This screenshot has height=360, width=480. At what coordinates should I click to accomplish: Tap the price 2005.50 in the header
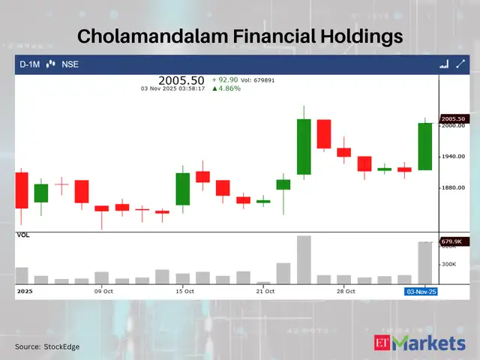(181, 79)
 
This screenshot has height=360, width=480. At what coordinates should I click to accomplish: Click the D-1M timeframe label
(30, 64)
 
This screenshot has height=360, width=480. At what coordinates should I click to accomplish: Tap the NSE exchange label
(70, 64)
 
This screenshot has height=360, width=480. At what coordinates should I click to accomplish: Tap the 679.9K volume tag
(453, 241)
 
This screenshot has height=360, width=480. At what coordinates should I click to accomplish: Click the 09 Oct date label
(103, 291)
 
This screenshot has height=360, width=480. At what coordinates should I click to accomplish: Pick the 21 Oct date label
(265, 291)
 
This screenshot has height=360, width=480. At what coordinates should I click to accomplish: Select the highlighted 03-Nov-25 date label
(421, 291)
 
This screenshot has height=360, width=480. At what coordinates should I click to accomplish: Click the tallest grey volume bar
(304, 259)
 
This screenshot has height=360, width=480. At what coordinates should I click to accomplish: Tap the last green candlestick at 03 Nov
(424, 146)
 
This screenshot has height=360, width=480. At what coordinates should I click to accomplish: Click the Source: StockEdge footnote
(47, 346)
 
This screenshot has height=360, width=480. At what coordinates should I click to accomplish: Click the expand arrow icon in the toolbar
(460, 64)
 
